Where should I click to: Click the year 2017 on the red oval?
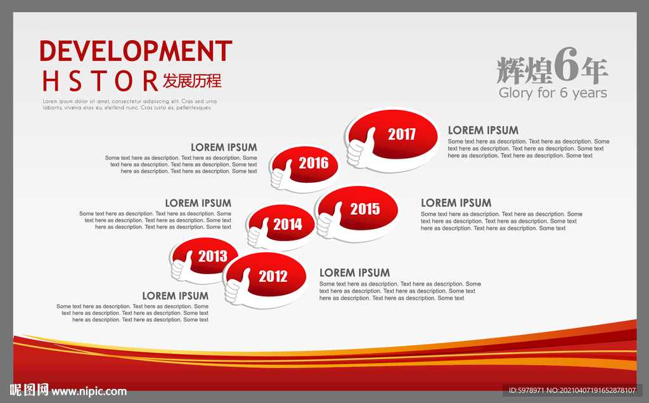tap(401, 135)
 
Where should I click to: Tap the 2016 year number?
tap(313, 163)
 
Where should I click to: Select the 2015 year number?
tap(364, 209)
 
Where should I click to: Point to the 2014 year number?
tap(288, 224)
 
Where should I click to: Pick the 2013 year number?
tap(213, 256)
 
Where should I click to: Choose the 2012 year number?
tap(273, 276)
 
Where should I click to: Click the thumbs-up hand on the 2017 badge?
tap(361, 148)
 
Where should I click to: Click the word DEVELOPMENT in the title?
tap(136, 51)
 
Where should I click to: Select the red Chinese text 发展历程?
tap(192, 81)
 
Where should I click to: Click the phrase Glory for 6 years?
tap(553, 93)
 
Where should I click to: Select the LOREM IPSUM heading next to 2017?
tap(483, 130)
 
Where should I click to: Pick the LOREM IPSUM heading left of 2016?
tap(224, 147)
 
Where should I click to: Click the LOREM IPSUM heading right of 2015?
tap(456, 202)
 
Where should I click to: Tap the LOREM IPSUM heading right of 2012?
tap(355, 272)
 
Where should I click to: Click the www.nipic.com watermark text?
tap(89, 392)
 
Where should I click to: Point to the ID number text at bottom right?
tap(572, 390)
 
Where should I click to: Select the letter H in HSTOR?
tap(51, 81)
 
